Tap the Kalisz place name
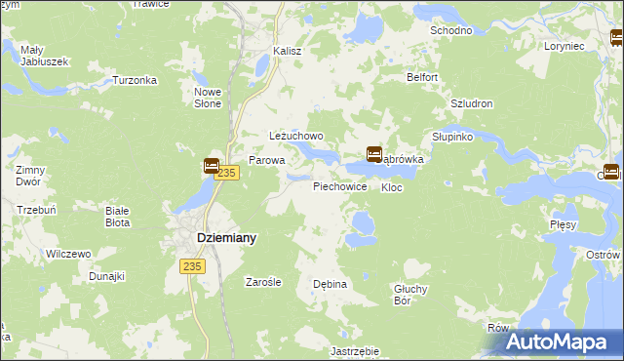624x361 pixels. [288, 51]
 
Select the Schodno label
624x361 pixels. [451, 30]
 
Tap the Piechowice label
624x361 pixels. [339, 185]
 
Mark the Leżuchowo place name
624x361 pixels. [295, 137]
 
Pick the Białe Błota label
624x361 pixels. [117, 216]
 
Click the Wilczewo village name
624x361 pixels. [68, 254]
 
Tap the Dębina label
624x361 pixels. [330, 284]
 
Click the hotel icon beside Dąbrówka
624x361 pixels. [373, 154]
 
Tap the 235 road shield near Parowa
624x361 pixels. [227, 173]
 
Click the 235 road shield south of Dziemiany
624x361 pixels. [191, 265]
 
